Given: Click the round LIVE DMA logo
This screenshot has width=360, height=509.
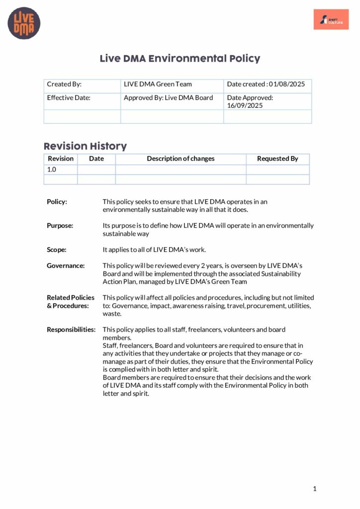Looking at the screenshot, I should (x=24, y=24).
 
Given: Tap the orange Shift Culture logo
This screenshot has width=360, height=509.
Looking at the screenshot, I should (x=331, y=19).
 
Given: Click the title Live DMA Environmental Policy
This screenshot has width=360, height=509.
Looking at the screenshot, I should (x=180, y=59).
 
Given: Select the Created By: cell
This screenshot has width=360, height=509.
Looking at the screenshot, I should (x=64, y=84).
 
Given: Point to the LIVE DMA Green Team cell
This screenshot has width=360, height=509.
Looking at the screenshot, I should (x=158, y=84).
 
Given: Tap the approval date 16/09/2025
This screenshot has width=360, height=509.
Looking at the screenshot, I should (x=245, y=105).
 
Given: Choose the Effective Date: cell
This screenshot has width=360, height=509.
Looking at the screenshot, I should (x=69, y=98).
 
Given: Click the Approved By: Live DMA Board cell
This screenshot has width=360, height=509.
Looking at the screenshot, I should (x=168, y=98).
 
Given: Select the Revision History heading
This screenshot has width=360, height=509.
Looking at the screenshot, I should (x=85, y=146).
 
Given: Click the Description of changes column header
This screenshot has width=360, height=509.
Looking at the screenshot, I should (x=180, y=159).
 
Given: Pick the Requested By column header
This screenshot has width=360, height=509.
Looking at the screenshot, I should (x=277, y=159).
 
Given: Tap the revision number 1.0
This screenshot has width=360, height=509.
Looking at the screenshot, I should (x=52, y=170).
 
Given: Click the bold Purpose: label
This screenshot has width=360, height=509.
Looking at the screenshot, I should (x=60, y=226).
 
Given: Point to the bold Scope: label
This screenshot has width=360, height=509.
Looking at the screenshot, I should (x=57, y=250).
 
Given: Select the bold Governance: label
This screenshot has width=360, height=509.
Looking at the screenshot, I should (x=66, y=266).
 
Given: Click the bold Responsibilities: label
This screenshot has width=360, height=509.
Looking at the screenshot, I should (x=71, y=330).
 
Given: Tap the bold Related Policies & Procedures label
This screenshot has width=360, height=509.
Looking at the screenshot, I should (x=70, y=302).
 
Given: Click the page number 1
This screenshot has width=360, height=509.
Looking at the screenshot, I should (x=315, y=489).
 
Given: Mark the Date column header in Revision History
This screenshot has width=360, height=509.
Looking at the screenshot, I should (x=96, y=159).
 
